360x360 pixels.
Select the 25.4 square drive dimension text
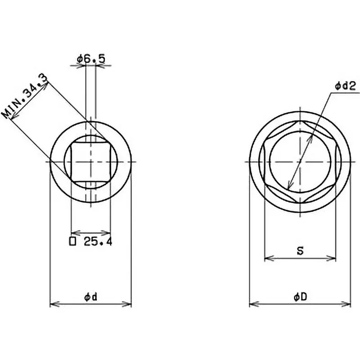(x=97, y=242)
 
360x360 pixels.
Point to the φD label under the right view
(x=300, y=297)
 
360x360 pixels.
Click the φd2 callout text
(x=346, y=85)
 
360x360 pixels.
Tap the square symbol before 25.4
(x=73, y=242)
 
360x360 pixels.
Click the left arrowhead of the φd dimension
(x=52, y=305)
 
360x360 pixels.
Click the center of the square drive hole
(x=91, y=161)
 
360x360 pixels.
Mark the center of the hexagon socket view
(x=300, y=161)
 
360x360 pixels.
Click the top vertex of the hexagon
(x=300, y=121)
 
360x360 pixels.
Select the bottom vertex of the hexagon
(x=300, y=201)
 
